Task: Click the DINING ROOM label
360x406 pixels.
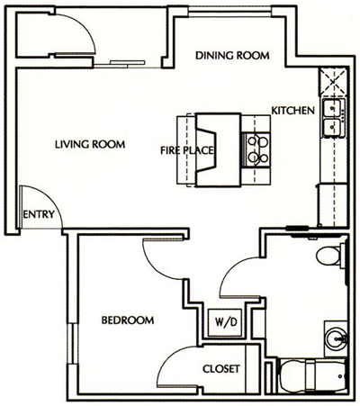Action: (232, 55)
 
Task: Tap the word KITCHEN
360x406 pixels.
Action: (292, 111)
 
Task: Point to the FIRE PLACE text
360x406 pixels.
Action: (185, 150)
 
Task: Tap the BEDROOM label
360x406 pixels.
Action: (127, 320)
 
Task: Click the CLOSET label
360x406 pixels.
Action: (220, 367)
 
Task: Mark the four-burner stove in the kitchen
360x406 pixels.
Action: (257, 148)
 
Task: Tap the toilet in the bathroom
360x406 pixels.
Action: (331, 257)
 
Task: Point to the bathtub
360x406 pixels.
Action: (311, 375)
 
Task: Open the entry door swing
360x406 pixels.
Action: (38, 203)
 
